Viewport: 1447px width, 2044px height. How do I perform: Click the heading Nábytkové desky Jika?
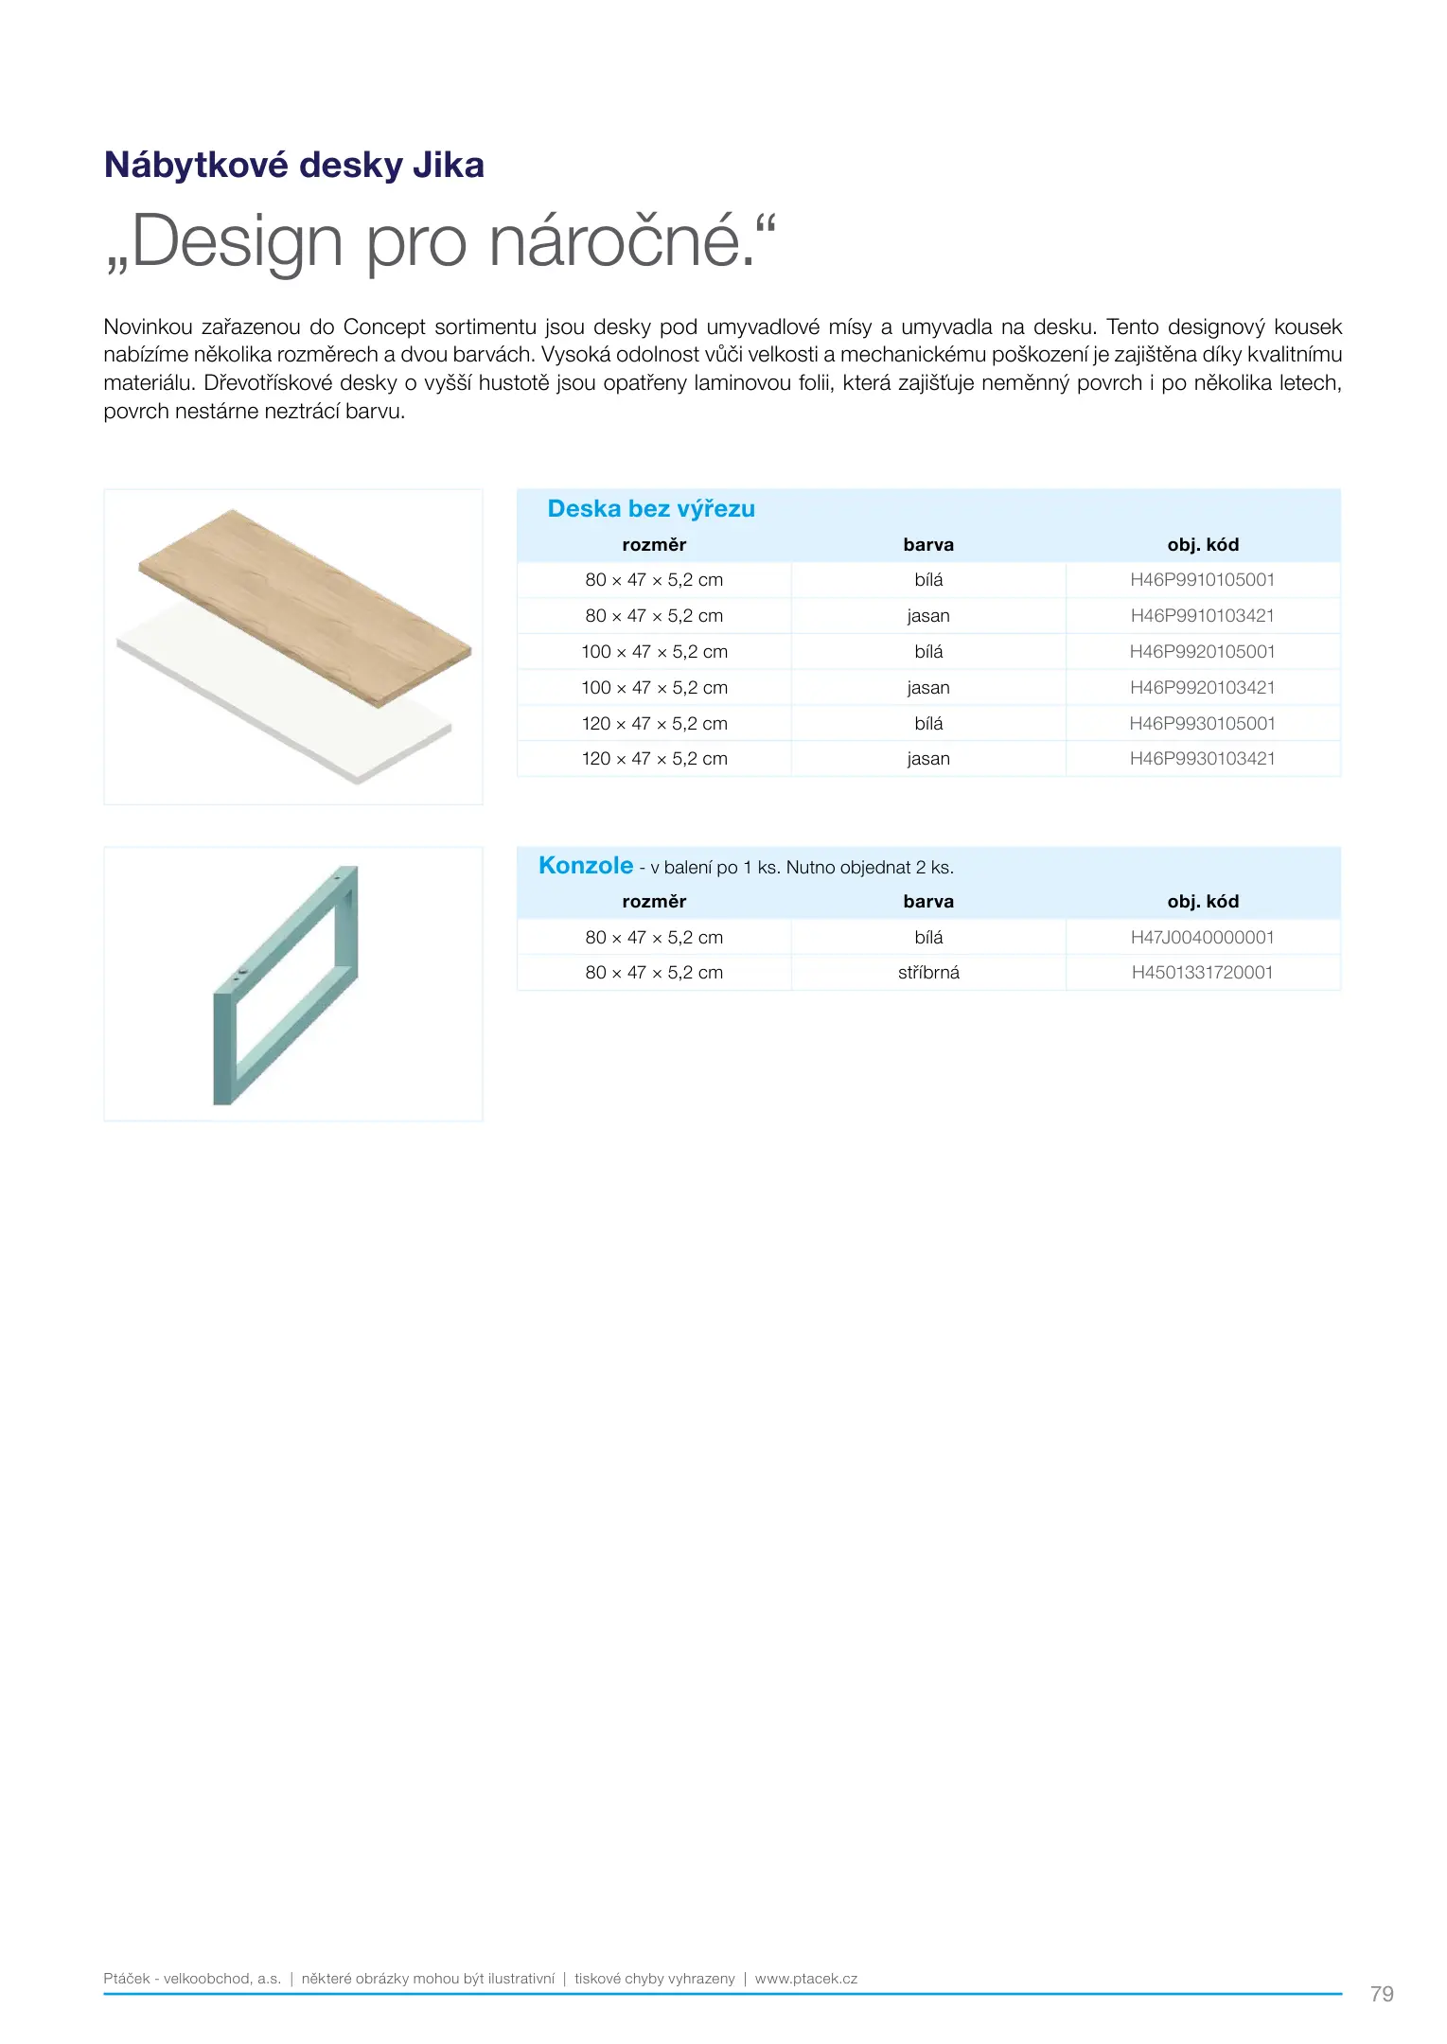293,165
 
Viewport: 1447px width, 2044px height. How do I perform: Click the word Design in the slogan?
237,242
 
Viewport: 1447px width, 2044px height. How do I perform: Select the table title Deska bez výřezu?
651,509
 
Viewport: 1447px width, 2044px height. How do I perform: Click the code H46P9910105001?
1202,580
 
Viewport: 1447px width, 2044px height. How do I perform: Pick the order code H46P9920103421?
1202,688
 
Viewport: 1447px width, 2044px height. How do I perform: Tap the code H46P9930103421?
1202,759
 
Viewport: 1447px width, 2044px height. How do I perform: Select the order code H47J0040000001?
1202,938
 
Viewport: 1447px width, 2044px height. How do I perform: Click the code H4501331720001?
1202,973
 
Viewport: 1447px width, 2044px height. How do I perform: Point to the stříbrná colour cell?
928,973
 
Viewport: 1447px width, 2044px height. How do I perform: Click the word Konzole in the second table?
586,866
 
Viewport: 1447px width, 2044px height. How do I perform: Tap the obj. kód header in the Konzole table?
1203,902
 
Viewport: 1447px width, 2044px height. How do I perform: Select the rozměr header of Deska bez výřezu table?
654,545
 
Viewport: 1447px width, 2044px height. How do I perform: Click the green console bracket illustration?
284,984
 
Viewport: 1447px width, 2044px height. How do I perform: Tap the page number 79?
1382,1994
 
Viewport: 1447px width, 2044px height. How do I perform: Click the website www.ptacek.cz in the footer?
806,1979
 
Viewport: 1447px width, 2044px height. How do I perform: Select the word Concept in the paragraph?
384,327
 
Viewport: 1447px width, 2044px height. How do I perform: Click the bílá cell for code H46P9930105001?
928,724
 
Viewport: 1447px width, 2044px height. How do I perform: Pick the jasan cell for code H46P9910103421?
928,616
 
